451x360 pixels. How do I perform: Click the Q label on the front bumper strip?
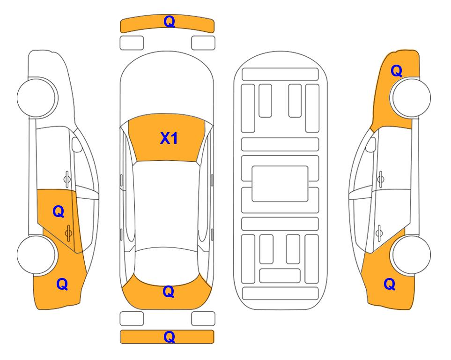[169, 22]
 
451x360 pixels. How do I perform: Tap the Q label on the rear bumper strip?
[169, 337]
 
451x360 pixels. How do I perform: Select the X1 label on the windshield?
[169, 138]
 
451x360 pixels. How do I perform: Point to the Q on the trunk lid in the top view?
[169, 292]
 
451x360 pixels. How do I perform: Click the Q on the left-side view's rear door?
[59, 212]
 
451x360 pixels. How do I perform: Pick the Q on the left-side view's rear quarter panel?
[62, 284]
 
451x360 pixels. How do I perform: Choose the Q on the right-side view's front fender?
[396, 71]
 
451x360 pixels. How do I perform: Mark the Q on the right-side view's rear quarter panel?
[390, 284]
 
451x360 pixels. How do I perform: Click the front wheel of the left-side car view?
[37, 97]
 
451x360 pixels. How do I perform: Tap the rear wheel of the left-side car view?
[37, 255]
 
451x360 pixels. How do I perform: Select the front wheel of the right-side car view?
[411, 97]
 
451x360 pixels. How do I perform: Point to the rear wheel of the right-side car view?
[411, 255]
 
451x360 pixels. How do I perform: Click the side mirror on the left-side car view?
[76, 144]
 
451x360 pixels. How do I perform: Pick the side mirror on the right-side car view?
[371, 144]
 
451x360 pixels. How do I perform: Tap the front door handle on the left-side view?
[67, 179]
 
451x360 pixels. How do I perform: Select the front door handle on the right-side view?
[381, 179]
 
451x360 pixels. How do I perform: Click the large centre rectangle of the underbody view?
[280, 184]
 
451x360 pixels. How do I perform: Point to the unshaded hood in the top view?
[167, 86]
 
